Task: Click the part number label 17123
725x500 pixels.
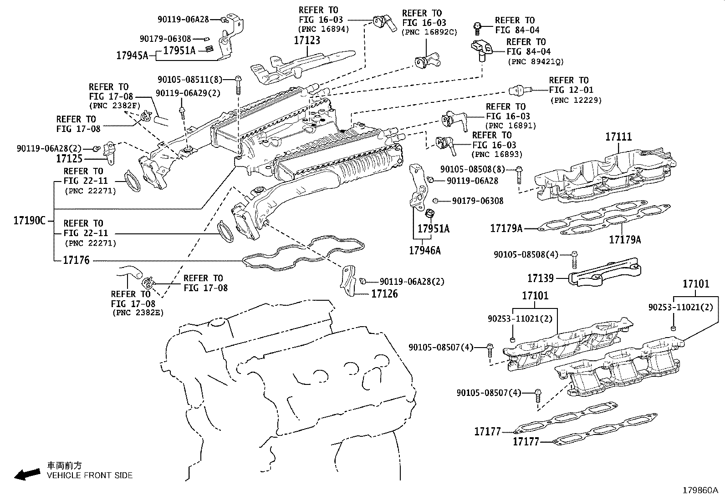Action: (x=307, y=40)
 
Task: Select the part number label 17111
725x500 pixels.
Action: (x=618, y=136)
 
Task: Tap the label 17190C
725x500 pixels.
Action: (x=30, y=221)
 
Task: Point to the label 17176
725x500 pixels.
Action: (x=76, y=261)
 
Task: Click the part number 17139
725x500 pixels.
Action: (x=541, y=278)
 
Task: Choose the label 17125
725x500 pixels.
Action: (x=69, y=159)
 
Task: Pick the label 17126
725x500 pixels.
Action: (x=384, y=294)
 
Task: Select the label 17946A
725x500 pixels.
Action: (x=424, y=250)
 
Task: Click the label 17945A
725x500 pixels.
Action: (x=132, y=56)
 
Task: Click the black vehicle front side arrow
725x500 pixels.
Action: (x=26, y=474)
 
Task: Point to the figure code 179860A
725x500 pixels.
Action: (x=699, y=490)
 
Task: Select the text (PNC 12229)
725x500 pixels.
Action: (x=575, y=100)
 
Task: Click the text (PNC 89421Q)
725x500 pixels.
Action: (x=536, y=62)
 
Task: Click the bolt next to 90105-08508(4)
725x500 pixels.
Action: (x=574, y=259)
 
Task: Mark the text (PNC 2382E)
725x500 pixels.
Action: (x=138, y=313)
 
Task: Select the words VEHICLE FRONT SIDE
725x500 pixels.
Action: (x=90, y=475)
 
